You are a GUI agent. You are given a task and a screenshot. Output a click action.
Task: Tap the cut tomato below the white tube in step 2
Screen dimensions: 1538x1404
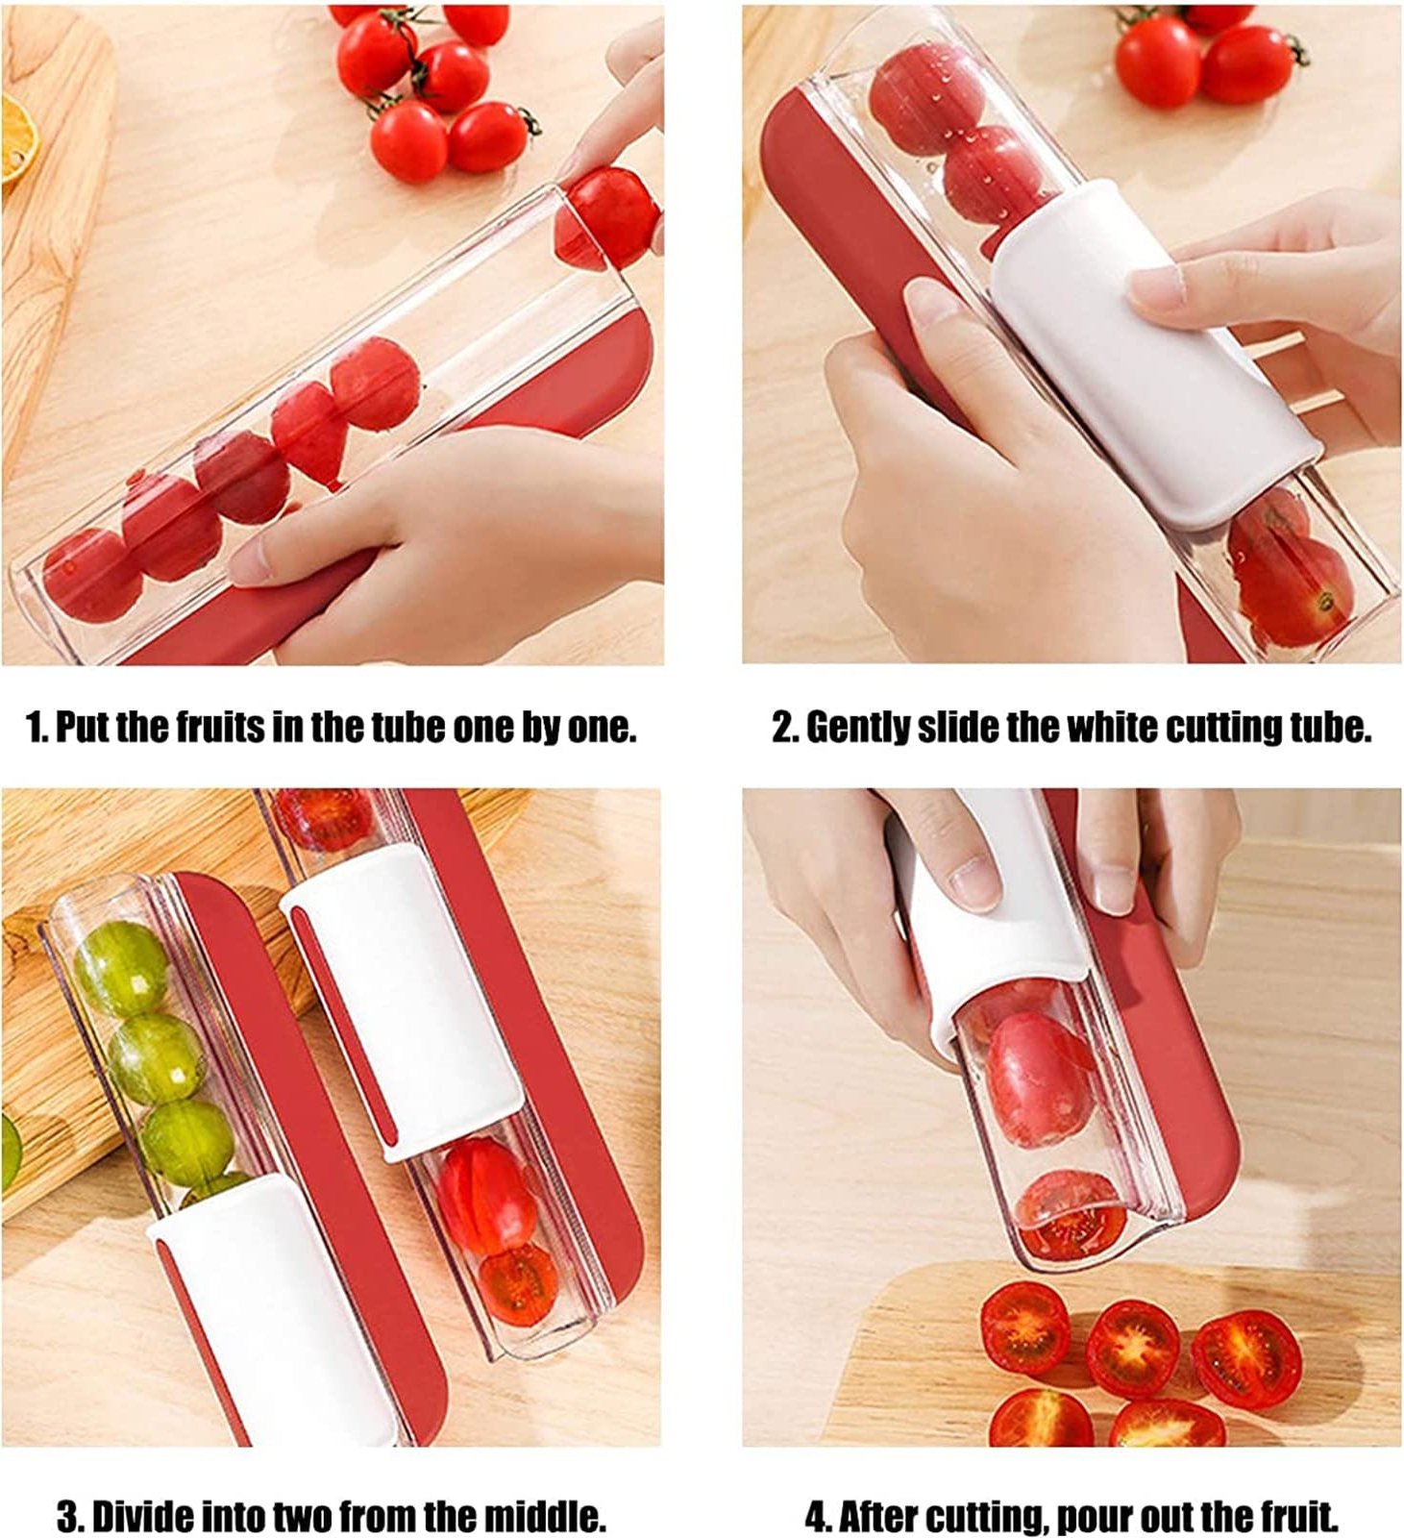(x=1288, y=577)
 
